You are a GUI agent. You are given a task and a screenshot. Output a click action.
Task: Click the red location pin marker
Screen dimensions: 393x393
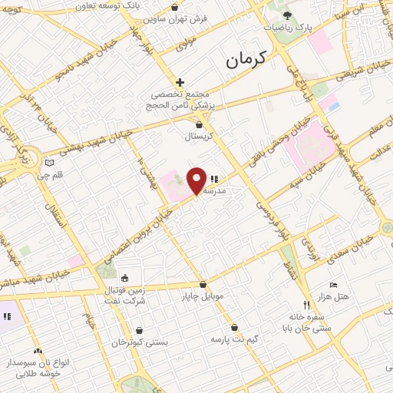pyautogui.click(x=197, y=180)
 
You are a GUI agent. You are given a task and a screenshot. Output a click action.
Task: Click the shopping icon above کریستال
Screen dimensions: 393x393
pyautogui.click(x=200, y=124)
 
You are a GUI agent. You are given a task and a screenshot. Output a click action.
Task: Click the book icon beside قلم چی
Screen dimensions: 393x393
pyautogui.click(x=51, y=163)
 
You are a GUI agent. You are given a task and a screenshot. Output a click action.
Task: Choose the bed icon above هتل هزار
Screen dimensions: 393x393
pyautogui.click(x=332, y=285)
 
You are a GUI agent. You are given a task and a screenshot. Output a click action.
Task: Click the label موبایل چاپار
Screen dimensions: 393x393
pyautogui.click(x=201, y=296)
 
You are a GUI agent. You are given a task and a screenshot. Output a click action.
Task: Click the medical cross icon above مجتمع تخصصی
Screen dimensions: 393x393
pyautogui.click(x=180, y=81)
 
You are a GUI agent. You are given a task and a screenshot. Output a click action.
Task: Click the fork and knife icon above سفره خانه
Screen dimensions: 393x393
pyautogui.click(x=308, y=304)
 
